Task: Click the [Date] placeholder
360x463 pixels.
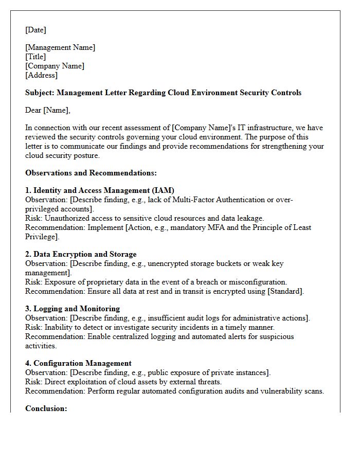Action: click(x=35, y=30)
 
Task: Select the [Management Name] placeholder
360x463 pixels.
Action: click(x=60, y=47)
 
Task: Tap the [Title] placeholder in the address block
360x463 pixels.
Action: click(x=35, y=57)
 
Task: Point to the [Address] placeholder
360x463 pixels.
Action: click(x=41, y=75)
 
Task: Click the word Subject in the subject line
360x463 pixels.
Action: click(x=39, y=93)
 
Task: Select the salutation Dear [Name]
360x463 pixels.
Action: click(x=47, y=110)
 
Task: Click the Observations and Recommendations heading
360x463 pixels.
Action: click(x=91, y=173)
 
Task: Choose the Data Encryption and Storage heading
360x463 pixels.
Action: click(x=81, y=254)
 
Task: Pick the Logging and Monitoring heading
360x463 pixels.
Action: click(x=73, y=309)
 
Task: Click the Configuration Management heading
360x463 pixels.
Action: click(x=78, y=363)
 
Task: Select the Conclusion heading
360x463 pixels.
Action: click(x=46, y=408)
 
